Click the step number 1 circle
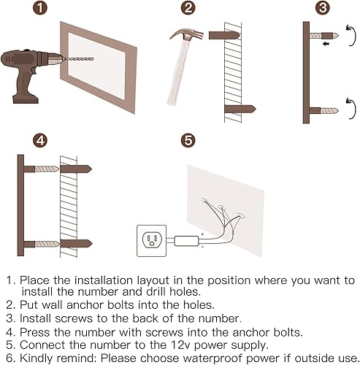(x=40, y=8)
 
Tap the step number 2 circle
(x=188, y=8)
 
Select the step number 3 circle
(x=323, y=8)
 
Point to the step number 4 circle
(x=40, y=140)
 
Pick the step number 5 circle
(x=188, y=140)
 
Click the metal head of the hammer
(x=187, y=34)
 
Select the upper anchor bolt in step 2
(x=224, y=35)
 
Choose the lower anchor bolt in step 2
(x=240, y=109)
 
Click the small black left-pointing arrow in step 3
(x=326, y=44)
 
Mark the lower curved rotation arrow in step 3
(x=351, y=108)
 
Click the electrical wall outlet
(x=152, y=241)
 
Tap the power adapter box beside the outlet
(x=187, y=241)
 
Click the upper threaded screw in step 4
(x=47, y=169)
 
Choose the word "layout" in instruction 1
(x=153, y=280)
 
